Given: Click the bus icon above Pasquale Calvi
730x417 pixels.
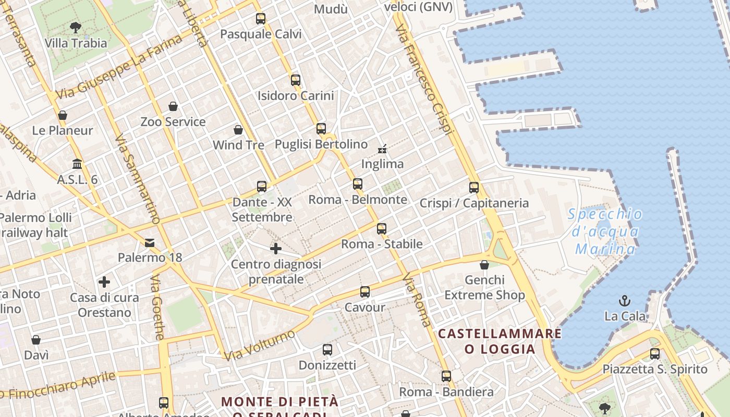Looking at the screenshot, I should [x=261, y=19].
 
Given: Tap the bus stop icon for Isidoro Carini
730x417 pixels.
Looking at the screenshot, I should [x=296, y=80].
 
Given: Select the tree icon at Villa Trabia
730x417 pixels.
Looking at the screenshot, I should [x=76, y=27].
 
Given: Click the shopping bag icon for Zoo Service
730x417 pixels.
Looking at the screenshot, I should [x=173, y=106].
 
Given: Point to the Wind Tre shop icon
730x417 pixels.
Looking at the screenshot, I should [x=238, y=129].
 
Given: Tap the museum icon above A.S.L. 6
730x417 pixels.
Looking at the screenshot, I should [x=78, y=164].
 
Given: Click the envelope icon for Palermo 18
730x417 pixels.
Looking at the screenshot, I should [x=150, y=242].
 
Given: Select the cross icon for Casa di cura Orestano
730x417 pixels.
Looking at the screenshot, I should [x=104, y=282].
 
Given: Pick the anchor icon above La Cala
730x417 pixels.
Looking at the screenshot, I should [x=624, y=300].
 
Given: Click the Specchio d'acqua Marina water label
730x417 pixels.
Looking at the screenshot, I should [x=605, y=231].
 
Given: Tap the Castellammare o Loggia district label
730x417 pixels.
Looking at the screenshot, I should [x=500, y=341].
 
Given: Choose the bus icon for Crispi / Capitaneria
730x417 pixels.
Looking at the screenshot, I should [x=474, y=188].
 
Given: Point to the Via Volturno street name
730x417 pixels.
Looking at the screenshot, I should [x=259, y=345].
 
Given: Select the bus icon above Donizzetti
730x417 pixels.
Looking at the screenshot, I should [x=327, y=350].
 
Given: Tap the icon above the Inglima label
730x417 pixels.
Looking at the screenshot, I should [x=382, y=149].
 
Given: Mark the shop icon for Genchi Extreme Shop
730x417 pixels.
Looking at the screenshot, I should [x=484, y=265].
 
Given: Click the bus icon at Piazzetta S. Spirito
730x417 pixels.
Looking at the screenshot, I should [x=655, y=354].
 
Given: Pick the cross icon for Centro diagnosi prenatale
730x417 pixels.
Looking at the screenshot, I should [x=276, y=249].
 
